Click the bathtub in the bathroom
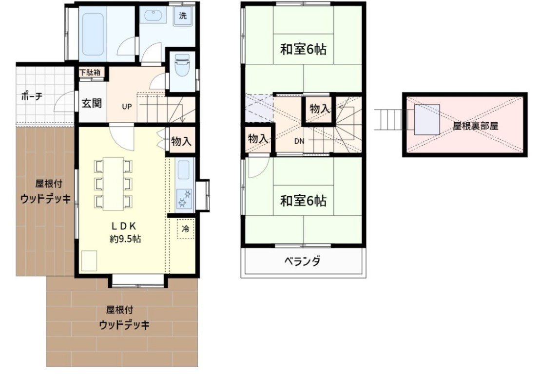(x=91, y=34)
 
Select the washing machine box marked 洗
(x=183, y=16)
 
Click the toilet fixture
(x=182, y=65)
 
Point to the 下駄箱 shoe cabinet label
(x=90, y=73)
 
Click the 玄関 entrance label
(x=92, y=103)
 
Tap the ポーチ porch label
(x=32, y=96)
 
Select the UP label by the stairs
(x=127, y=107)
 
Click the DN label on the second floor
(x=299, y=141)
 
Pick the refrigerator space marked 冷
(x=186, y=228)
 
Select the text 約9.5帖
(x=125, y=239)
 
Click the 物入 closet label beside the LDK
(x=181, y=141)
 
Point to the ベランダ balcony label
(x=303, y=261)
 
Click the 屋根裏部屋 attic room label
(x=475, y=126)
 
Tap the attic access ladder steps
(x=390, y=120)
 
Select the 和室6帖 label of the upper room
(x=303, y=49)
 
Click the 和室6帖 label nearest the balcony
(x=303, y=200)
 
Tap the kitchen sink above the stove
(x=184, y=170)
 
